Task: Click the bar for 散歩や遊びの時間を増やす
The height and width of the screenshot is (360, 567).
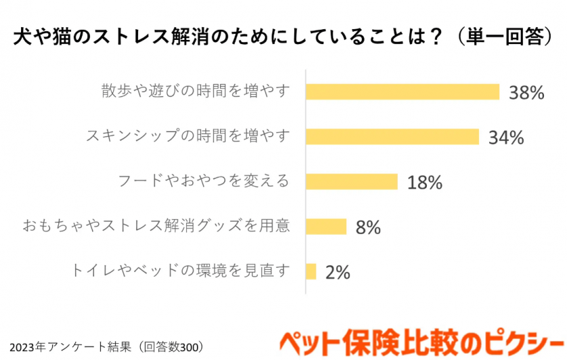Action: (402, 92)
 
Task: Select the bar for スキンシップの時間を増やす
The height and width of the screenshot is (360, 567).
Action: (392, 136)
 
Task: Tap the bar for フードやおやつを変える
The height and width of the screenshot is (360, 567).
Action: (352, 181)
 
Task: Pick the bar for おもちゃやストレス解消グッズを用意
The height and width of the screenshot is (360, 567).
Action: (326, 226)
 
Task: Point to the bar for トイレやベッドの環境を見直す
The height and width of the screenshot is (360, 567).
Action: (311, 271)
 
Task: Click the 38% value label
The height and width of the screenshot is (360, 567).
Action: (526, 93)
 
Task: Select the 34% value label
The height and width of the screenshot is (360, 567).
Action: (507, 138)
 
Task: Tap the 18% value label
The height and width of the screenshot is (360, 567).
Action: (425, 182)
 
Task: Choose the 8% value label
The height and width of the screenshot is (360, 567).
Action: (368, 227)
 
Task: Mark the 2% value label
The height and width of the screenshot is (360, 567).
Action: (337, 273)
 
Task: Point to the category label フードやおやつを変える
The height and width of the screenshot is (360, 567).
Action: (204, 181)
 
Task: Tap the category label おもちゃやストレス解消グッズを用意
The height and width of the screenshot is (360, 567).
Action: (156, 226)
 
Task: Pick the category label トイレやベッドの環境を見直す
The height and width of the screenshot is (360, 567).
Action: (181, 271)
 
